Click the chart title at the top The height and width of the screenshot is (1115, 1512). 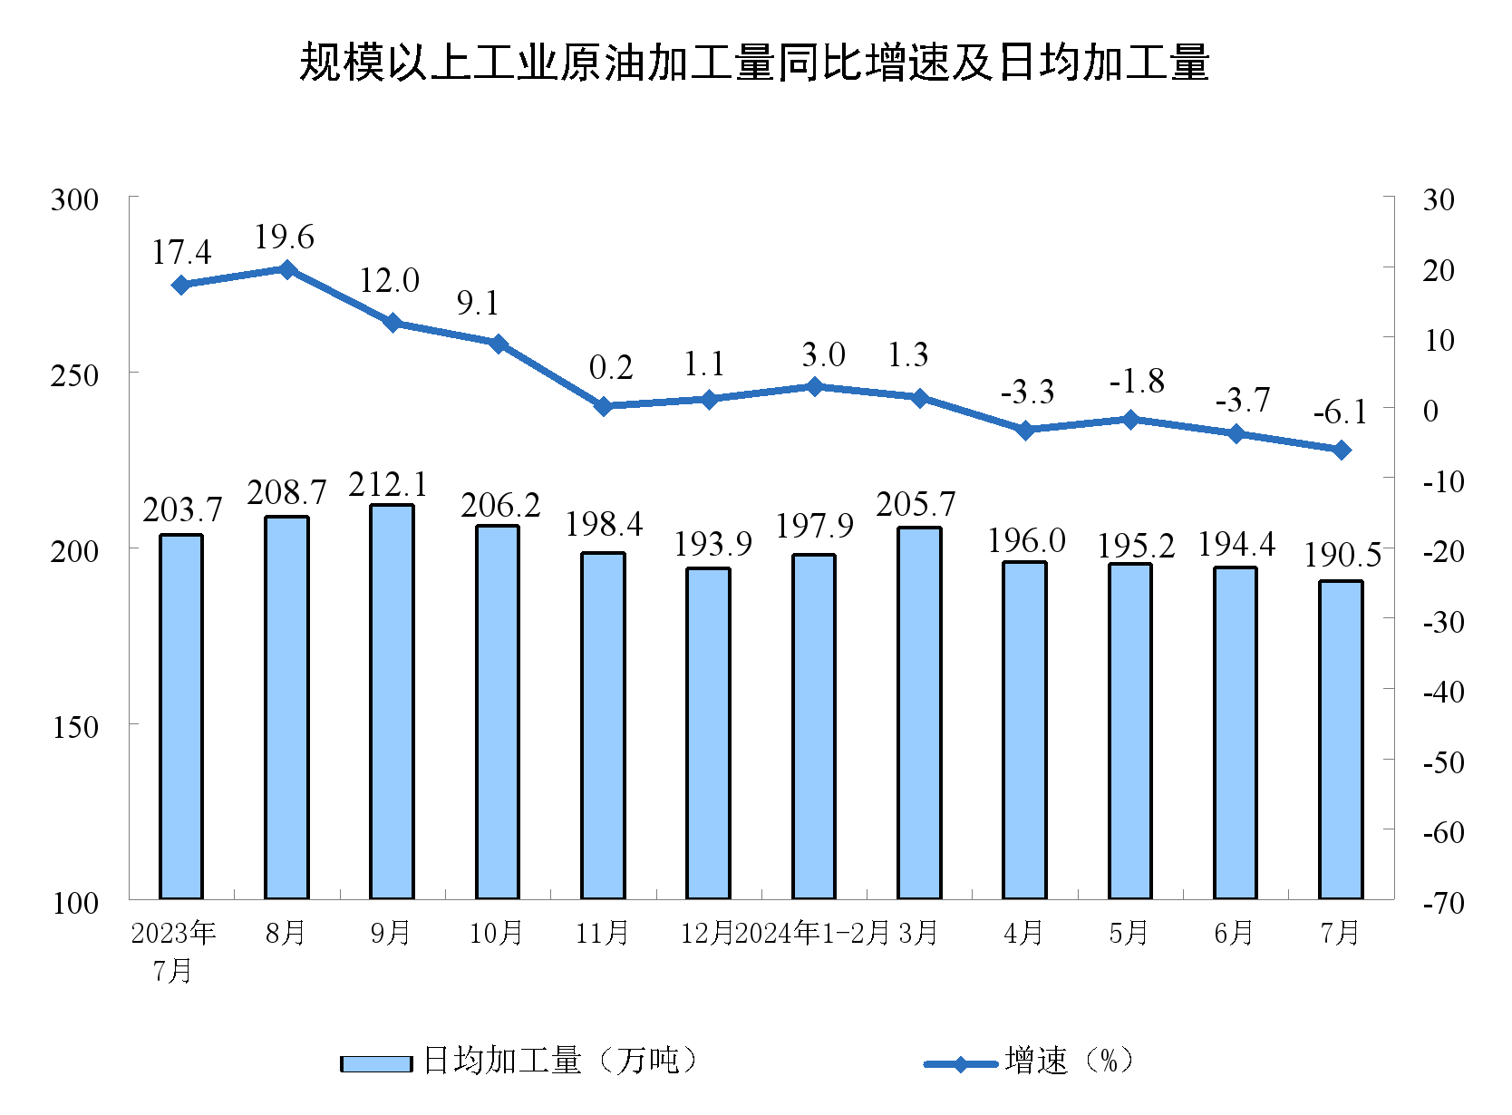[x=754, y=63]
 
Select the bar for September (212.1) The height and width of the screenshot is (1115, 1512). [x=392, y=703]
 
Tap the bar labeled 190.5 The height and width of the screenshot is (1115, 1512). [x=1341, y=740]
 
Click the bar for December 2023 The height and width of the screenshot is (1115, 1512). [x=708, y=733]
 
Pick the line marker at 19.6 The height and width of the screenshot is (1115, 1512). [x=286, y=269]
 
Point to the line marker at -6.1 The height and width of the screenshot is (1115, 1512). [x=1341, y=450]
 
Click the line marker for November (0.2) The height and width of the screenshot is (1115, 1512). [x=603, y=406]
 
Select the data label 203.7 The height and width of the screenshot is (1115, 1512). [x=182, y=510]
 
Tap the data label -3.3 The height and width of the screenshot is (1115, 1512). [x=1027, y=393]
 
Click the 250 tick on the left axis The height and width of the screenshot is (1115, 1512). [x=74, y=374]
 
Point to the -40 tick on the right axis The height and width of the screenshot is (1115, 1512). [x=1443, y=692]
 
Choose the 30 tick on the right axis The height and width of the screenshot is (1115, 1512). [x=1439, y=199]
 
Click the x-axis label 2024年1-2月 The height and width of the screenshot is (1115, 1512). [x=811, y=933]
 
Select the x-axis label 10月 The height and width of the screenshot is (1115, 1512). [x=496, y=933]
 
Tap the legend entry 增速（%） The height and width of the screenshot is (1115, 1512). [x=1029, y=1061]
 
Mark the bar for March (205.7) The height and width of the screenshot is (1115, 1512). [x=919, y=713]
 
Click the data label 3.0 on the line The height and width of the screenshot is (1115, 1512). [x=823, y=355]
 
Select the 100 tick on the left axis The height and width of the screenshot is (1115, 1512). [x=74, y=902]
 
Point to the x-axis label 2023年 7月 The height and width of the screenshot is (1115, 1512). [x=173, y=950]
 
